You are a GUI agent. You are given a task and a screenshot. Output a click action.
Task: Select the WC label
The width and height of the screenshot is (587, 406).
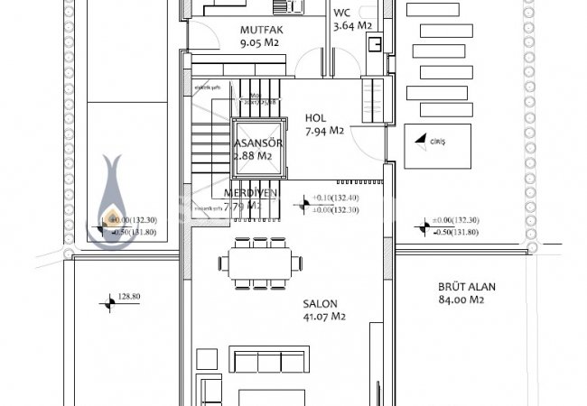342,14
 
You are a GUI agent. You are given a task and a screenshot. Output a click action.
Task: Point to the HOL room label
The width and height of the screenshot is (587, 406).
315,117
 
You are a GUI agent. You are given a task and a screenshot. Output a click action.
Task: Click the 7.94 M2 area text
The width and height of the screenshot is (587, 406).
323,131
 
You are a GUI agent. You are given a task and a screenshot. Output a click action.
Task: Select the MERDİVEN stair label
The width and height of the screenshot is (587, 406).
250,194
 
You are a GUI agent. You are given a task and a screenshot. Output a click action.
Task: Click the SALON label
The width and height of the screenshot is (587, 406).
320,303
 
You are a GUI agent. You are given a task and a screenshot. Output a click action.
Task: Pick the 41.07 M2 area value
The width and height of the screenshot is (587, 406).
325,317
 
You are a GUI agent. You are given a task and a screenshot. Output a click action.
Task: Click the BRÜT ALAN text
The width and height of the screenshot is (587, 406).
468,287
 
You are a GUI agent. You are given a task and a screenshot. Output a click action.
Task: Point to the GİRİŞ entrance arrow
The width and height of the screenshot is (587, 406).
420,139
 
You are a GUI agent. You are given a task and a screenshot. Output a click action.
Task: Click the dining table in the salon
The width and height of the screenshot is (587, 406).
259,263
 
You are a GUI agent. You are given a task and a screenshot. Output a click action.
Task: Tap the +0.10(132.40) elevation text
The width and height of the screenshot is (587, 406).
336,198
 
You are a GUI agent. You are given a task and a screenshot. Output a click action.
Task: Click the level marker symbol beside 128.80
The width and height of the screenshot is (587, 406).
110,305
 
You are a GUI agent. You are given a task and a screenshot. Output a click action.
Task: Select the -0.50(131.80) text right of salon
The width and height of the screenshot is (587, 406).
455,231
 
